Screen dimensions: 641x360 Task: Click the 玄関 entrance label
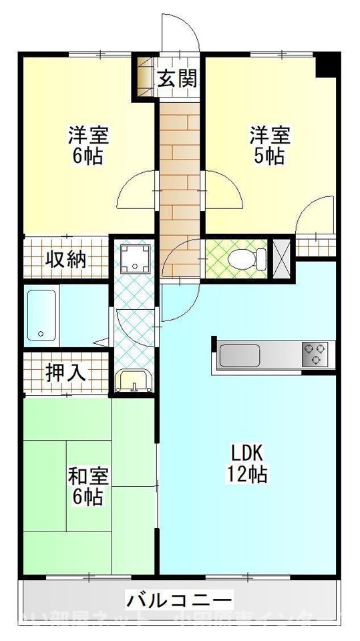178,79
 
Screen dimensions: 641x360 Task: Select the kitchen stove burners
316,354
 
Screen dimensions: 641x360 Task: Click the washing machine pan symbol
136,258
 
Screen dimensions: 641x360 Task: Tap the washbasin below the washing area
134,381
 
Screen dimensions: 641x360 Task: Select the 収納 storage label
65,259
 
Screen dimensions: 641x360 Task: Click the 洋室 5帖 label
270,145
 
